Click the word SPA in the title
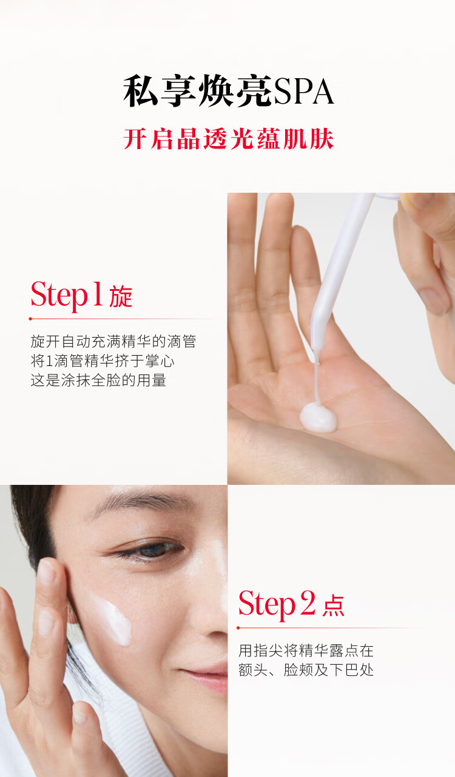click(x=303, y=92)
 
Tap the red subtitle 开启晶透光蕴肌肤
click(x=229, y=139)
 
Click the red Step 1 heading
click(x=67, y=295)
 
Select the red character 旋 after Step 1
click(x=121, y=297)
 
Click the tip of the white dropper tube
click(x=317, y=348)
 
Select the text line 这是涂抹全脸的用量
click(x=98, y=380)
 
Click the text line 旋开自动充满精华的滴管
click(x=113, y=341)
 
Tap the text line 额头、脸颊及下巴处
click(x=306, y=670)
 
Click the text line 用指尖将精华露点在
click(x=306, y=650)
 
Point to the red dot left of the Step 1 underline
click(x=30, y=318)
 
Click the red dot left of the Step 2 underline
click(x=238, y=628)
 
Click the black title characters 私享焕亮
click(x=198, y=92)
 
